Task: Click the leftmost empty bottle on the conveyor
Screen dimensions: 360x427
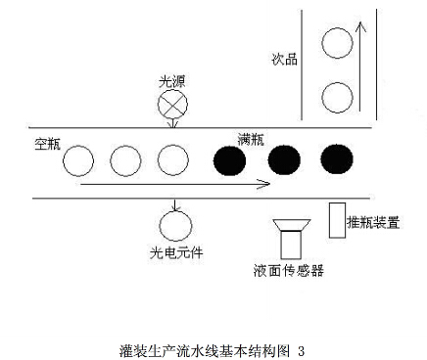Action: tap(80, 159)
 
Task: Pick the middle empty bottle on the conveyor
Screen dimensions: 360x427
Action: tap(126, 159)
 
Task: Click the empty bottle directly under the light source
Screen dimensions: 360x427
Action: tap(172, 159)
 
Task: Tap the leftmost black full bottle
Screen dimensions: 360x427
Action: tap(231, 159)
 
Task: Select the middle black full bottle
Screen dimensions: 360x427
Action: tap(284, 159)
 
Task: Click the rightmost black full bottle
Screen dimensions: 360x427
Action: tap(336, 159)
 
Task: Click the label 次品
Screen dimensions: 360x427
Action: tap(284, 59)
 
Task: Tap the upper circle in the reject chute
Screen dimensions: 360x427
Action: tap(336, 42)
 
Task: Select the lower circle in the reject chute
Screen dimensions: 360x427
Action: tap(336, 96)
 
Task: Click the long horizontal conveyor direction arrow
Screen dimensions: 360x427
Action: tap(176, 182)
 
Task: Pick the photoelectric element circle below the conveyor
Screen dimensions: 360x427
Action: tap(176, 227)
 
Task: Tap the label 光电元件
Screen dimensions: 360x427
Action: tap(177, 253)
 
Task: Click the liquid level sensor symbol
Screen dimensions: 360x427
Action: tap(290, 235)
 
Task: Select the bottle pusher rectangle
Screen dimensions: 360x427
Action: tap(337, 218)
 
